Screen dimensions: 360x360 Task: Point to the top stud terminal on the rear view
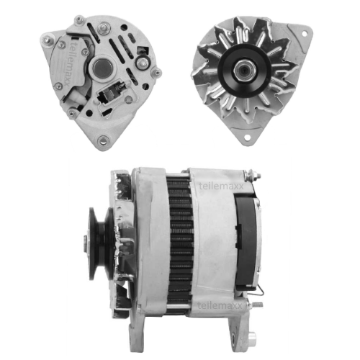[104, 29]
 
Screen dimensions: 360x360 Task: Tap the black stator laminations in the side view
[180, 238]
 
